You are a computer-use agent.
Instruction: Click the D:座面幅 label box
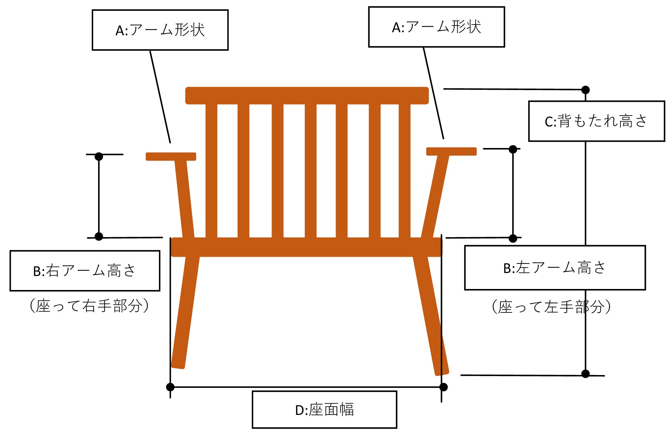324,409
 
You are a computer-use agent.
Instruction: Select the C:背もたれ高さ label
596,121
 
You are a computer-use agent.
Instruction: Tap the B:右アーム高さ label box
85,271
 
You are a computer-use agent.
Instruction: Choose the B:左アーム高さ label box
554,268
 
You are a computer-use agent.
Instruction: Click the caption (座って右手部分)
89,305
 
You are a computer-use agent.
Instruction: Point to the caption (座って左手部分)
551,307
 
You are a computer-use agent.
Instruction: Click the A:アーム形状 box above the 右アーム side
160,30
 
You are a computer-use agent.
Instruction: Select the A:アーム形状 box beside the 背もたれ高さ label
436,27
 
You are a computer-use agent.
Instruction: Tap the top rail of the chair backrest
307,95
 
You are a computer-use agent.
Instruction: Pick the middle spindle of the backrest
310,171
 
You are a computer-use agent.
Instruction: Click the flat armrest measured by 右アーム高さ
171,156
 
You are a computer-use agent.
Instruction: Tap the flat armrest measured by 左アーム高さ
451,151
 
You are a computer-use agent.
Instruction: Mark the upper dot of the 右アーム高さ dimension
99,156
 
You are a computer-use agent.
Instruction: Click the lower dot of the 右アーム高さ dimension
99,236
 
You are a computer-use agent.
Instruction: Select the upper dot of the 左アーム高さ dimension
513,149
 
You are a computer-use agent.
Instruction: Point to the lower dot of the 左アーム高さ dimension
513,238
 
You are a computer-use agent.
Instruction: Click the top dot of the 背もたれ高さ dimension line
585,90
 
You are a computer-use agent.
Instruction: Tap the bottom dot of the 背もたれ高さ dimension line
585,374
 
